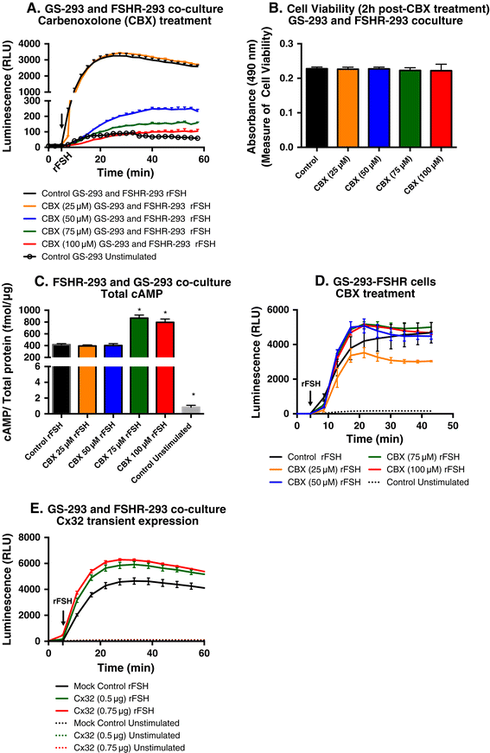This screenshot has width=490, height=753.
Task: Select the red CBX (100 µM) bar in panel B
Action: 441,109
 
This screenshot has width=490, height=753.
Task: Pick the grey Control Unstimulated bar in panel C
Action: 191,410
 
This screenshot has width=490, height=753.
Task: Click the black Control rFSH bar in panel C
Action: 61,378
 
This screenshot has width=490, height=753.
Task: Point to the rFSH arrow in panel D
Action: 310,396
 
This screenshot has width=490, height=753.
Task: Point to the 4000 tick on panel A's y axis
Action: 30,44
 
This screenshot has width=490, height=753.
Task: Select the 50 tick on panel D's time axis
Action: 452,425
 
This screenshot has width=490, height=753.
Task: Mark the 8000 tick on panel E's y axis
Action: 31,537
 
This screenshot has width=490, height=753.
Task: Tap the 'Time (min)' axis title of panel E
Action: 126,668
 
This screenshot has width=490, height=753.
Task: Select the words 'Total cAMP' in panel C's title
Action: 131,294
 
